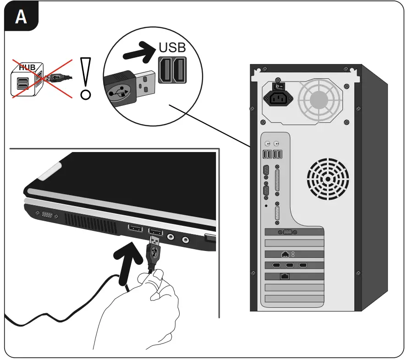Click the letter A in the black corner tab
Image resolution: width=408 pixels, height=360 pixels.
21,17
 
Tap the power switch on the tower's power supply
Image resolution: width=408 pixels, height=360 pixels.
276,86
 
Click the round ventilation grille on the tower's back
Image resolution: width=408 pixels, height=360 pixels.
327,179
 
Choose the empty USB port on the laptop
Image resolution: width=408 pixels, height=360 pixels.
135,229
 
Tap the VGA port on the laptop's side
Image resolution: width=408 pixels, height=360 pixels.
47,214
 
